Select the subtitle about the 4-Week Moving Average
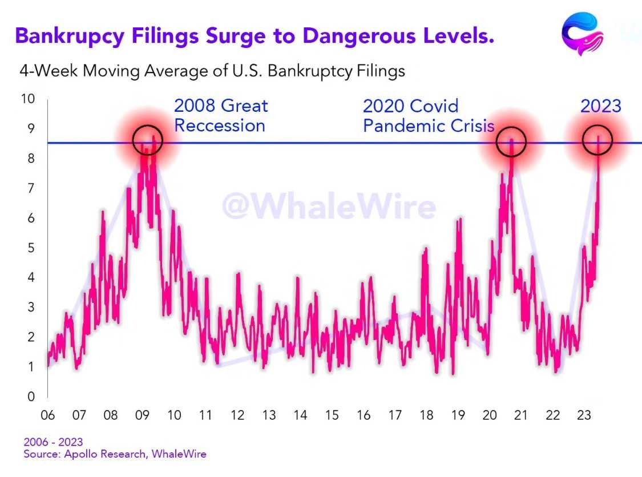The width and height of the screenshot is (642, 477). tap(212, 71)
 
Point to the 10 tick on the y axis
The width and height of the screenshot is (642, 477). tap(28, 99)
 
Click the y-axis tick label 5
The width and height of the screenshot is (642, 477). tap(31, 248)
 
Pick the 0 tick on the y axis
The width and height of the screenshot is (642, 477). tap(31, 397)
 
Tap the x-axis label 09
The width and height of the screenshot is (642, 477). tap(142, 415)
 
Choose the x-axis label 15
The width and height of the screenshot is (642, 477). tap(332, 415)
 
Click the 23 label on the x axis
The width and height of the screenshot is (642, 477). tap(584, 415)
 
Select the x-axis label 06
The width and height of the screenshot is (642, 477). tap(47, 415)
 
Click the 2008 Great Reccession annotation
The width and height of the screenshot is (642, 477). tap(221, 115)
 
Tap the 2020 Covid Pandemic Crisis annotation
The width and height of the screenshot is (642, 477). tap(429, 116)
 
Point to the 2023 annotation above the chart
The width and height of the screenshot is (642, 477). tap(601, 106)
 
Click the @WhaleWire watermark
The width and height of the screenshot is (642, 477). tap(329, 207)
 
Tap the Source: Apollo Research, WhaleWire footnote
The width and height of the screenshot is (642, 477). tap(115, 454)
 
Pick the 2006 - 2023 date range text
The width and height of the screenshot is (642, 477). tap(53, 442)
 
